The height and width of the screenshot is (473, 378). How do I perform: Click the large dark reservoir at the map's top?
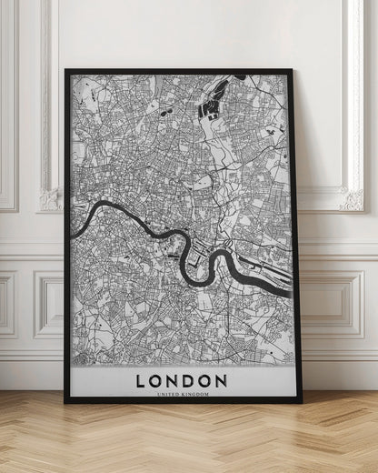pos(210,108)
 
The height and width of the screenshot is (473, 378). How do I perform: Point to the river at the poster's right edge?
pos(289,295)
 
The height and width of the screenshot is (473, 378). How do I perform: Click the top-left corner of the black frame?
pos(65,70)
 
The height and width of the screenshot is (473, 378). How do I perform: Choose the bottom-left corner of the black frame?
pos(65,400)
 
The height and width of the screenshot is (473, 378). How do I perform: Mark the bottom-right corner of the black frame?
pos(301,400)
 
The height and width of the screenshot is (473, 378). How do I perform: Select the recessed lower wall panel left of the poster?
pos(49,304)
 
